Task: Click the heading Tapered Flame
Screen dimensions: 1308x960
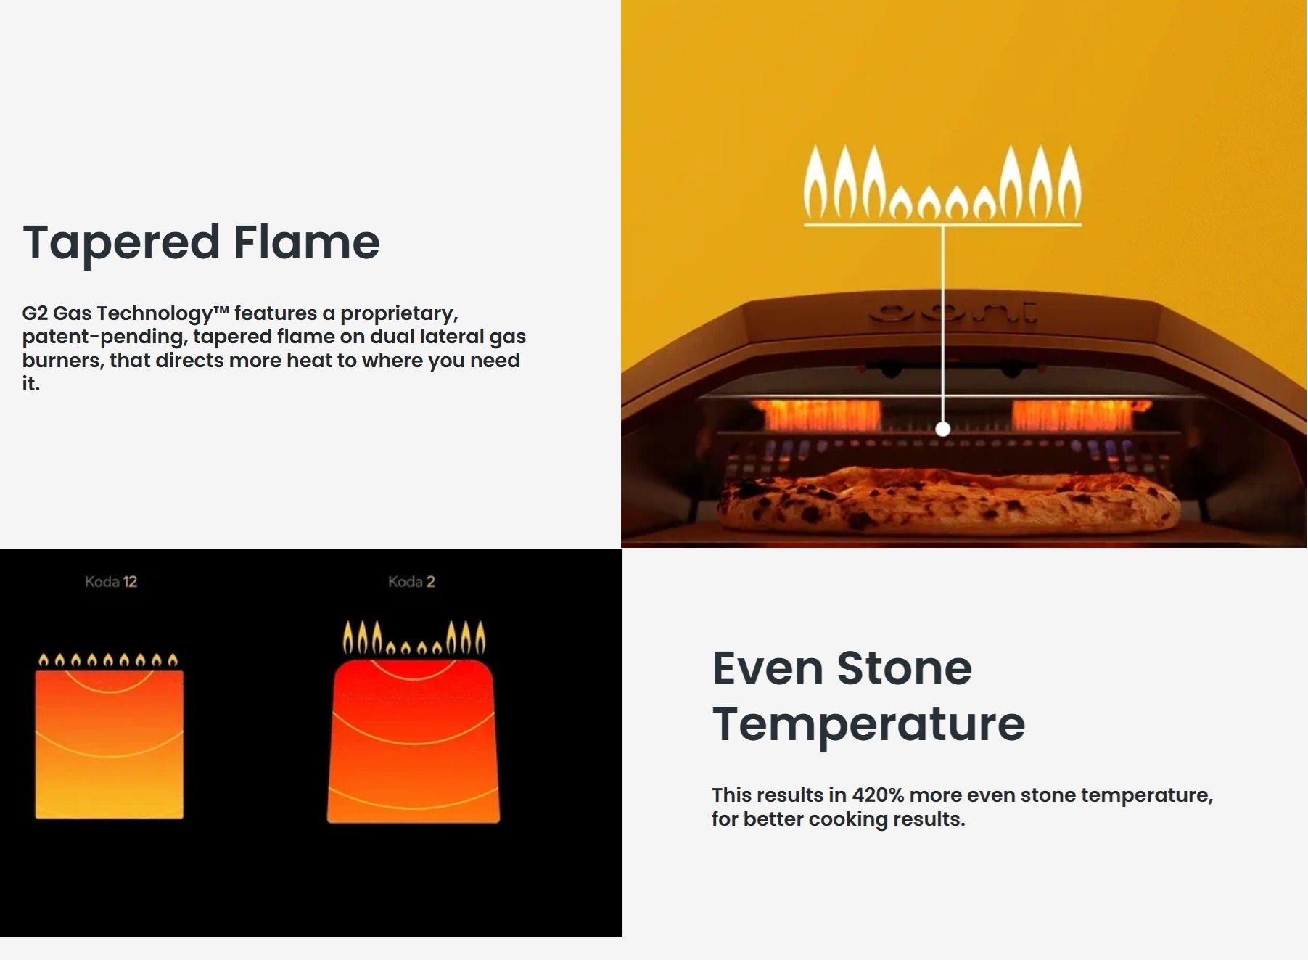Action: [x=202, y=243]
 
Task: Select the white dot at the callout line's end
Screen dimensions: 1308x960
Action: [x=942, y=429]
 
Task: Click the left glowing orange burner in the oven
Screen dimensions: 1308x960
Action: [x=818, y=414]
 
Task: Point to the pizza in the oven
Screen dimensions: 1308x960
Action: [x=948, y=501]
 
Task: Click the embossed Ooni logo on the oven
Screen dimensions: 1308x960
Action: [x=953, y=313]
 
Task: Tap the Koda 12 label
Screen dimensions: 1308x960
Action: [x=111, y=581]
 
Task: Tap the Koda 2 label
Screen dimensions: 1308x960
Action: [x=411, y=581]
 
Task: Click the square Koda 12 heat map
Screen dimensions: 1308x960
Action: [x=110, y=744]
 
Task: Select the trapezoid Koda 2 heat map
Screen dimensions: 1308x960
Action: [x=414, y=741]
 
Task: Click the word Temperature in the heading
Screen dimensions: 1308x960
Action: [x=868, y=725]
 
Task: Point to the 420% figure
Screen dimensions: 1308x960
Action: [x=878, y=795]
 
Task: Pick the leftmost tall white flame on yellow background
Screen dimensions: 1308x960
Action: [x=815, y=182]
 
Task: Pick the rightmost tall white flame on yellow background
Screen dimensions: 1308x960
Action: [x=1069, y=182]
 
